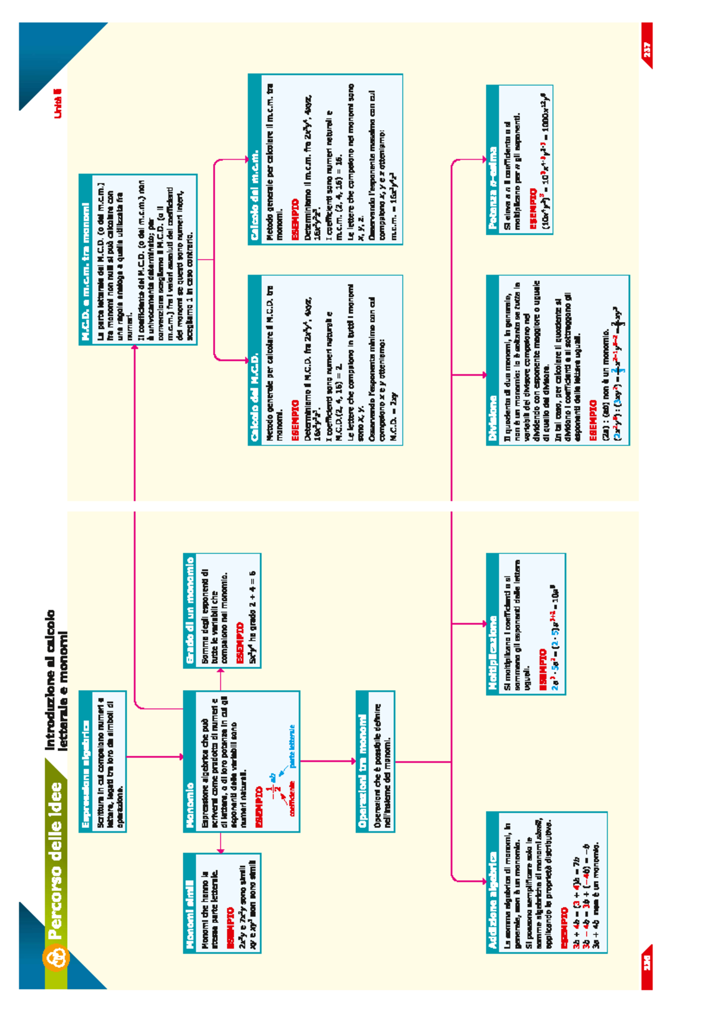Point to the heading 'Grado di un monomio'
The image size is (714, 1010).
[190, 610]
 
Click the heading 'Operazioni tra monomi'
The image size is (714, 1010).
[362, 771]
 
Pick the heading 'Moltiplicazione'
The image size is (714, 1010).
[493, 653]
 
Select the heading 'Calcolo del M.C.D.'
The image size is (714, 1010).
[255, 398]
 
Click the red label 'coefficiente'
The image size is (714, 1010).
[292, 798]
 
